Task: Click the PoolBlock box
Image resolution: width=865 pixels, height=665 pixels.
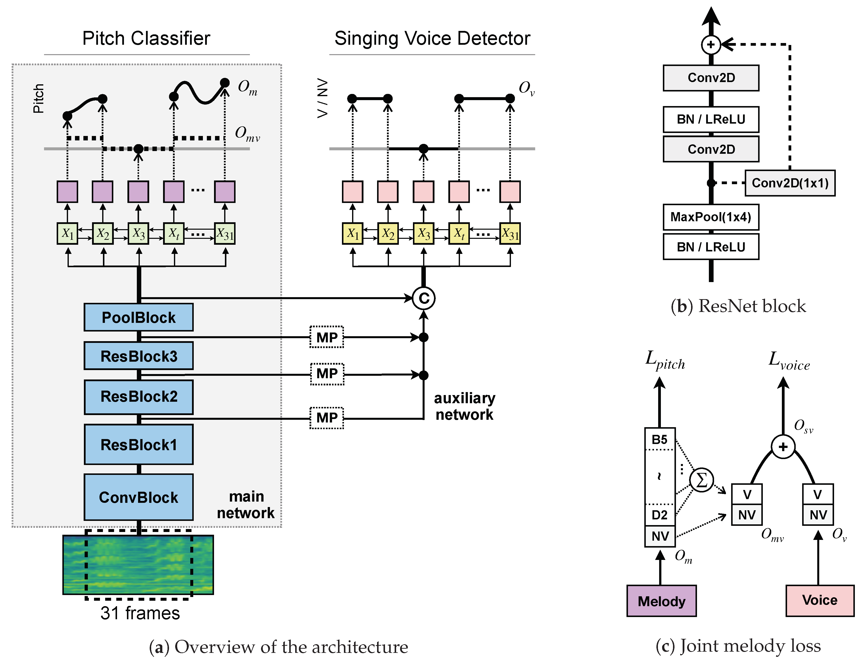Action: tap(139, 317)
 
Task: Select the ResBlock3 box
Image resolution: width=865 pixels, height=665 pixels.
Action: tap(139, 356)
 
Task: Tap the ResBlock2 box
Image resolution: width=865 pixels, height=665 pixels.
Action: tap(139, 397)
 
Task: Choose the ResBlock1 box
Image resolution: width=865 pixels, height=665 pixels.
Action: tap(139, 444)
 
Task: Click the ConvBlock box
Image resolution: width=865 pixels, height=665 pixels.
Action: tap(139, 497)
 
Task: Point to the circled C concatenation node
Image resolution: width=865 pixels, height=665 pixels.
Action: tap(423, 298)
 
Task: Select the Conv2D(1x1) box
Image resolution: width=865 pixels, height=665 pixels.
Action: tap(790, 183)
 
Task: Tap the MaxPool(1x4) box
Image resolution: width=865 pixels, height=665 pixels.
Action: tap(711, 217)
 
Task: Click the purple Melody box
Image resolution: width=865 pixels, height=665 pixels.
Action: tap(661, 601)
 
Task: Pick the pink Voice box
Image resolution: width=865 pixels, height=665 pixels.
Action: tap(820, 600)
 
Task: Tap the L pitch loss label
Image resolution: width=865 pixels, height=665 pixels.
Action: tap(665, 360)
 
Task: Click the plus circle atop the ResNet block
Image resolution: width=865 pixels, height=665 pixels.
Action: tap(711, 44)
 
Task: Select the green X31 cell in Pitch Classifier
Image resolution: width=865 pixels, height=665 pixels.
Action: tap(225, 234)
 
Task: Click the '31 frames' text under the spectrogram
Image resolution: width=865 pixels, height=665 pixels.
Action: tap(140, 613)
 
